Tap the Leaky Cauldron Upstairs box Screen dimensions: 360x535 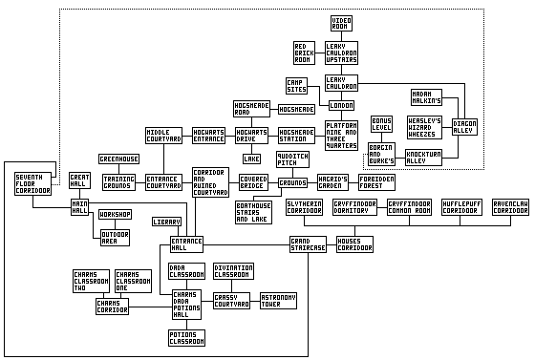point(341,53)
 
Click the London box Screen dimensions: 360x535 point(341,105)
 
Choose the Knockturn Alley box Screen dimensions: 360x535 point(423,157)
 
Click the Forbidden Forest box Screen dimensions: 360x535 point(376,181)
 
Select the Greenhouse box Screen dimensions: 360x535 point(119,159)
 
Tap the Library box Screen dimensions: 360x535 point(166,222)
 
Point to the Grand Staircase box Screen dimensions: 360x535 point(309,244)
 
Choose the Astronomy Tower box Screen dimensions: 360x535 point(278,301)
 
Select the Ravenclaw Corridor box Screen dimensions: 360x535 point(511,206)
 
